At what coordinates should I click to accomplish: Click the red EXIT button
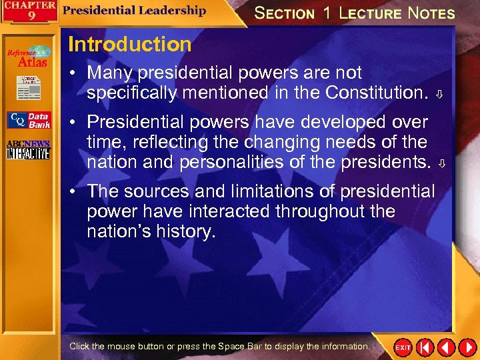pos(403,347)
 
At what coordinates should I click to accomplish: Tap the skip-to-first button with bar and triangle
pos(425,347)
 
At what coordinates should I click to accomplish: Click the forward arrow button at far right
pos(467,347)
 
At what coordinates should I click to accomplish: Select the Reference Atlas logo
pos(29,57)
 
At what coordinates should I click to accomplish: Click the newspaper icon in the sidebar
pos(29,87)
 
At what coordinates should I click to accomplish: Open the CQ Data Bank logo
pos(29,120)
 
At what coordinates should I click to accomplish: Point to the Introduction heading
pos(129,45)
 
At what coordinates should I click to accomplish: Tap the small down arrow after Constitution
pos(439,95)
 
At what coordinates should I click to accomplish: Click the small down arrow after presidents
pos(439,163)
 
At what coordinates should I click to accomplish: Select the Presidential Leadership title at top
pos(135,10)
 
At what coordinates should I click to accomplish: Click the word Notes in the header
pos(431,13)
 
